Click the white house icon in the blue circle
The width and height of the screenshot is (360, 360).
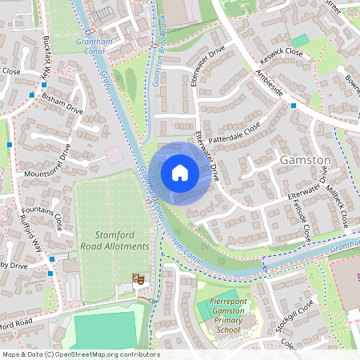click(x=180, y=173)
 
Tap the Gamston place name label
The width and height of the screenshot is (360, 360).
click(x=305, y=160)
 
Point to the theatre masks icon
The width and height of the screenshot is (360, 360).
click(x=138, y=279)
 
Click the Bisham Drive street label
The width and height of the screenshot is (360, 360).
click(x=63, y=103)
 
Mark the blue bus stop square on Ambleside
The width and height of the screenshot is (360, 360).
click(x=294, y=106)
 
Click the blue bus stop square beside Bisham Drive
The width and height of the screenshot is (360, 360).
click(x=31, y=96)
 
